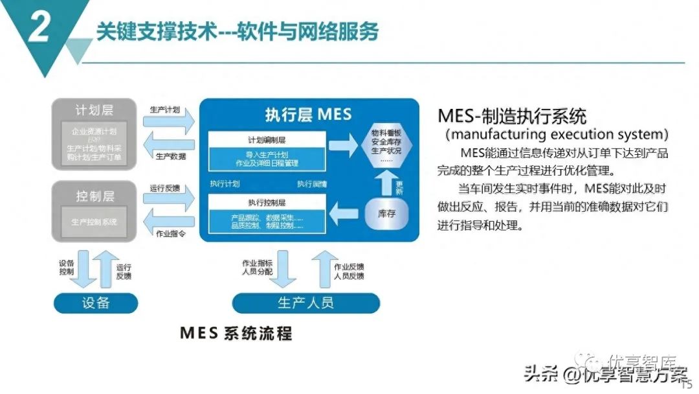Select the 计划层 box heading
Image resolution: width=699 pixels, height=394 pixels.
(94, 108)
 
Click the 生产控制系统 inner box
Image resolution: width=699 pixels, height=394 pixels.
(94, 222)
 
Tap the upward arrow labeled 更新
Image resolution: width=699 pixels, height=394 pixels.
(388, 185)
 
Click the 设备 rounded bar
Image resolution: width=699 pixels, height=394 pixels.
(95, 303)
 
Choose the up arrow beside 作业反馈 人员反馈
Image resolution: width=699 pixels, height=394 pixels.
(321, 269)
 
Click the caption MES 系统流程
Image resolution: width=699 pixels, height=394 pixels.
(236, 334)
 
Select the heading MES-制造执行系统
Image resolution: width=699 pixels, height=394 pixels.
(512, 116)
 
